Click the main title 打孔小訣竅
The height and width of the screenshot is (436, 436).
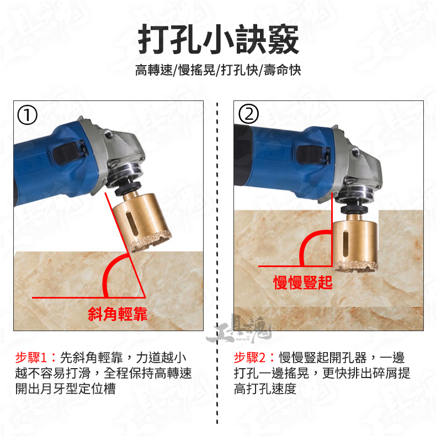coord(219,39)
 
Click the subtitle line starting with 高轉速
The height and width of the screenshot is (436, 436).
coord(218,70)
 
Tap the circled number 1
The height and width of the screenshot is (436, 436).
coord(27,115)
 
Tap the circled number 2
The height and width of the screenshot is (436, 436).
coord(248,114)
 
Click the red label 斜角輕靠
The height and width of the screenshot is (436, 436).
coord(118,314)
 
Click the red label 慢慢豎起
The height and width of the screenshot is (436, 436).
coord(303,283)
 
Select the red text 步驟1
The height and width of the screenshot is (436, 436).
coord(31,357)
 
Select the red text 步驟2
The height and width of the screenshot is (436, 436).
coord(249,357)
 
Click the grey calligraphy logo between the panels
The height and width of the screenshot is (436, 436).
coord(239,329)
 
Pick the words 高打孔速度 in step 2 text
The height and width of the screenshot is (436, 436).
coord(265,389)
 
